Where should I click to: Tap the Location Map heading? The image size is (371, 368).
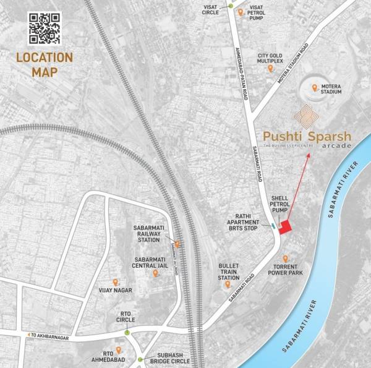tap(45, 64)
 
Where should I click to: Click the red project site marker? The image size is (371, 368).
tap(285, 228)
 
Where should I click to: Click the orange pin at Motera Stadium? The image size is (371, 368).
tap(315, 88)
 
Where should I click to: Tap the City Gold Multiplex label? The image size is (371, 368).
tap(270, 59)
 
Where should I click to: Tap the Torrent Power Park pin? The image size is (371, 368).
tap(284, 259)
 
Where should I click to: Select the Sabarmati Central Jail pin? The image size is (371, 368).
tap(155, 273)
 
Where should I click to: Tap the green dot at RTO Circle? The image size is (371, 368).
tap(127, 332)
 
